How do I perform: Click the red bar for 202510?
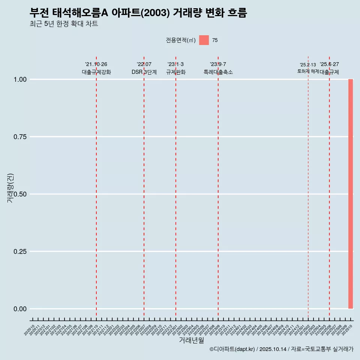point(351,194)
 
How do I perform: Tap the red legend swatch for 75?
point(204,40)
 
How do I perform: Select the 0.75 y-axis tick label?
point(19,137)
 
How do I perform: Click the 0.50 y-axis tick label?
point(19,194)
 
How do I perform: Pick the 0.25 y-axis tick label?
point(19,252)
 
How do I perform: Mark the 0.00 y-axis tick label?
point(19,309)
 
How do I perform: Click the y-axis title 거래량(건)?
point(10,188)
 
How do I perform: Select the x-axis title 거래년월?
point(191,340)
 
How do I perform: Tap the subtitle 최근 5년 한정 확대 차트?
point(64,24)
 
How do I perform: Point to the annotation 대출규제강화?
point(96,72)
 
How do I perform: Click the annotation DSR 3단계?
point(144,72)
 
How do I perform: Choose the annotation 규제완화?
point(176,72)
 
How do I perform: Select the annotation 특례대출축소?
point(218,72)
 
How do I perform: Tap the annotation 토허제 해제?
point(308,71)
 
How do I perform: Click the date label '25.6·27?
point(329,64)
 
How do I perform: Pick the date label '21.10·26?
point(96,64)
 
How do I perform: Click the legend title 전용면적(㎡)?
point(181,40)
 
